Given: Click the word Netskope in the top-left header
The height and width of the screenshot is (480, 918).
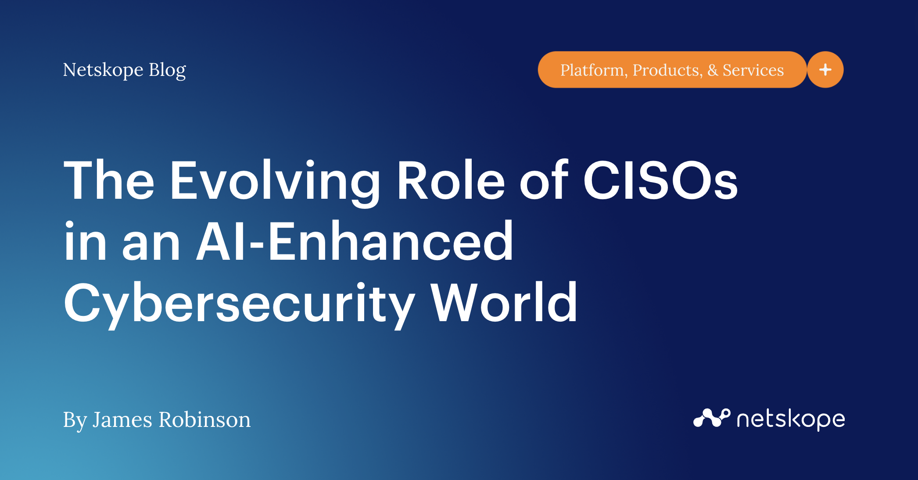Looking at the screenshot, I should point(103,70).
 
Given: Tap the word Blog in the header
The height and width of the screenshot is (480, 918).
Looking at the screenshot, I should point(167,70).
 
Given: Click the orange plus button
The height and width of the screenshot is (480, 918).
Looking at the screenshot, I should point(825,70).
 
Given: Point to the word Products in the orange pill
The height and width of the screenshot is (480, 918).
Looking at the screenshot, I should point(667,70).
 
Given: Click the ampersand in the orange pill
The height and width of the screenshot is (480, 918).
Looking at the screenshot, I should point(713,70).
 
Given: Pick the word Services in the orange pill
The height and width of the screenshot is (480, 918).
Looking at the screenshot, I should point(753,70).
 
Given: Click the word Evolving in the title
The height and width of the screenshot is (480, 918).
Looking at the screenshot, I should point(275,181).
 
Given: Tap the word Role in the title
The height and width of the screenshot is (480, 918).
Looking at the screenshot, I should point(451,181).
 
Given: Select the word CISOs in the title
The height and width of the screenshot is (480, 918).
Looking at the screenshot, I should point(660,181).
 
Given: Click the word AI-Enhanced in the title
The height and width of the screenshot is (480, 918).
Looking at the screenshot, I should point(355,241).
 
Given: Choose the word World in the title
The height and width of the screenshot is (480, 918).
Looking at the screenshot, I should point(504,303).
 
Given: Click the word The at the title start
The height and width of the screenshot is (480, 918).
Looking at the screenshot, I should point(109,181).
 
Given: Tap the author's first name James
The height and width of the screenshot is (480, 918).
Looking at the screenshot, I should point(122,419).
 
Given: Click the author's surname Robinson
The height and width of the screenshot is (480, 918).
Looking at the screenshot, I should point(204,419).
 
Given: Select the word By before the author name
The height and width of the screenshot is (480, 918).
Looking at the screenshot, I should point(74,420).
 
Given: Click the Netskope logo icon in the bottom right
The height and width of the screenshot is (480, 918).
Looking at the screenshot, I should point(711,418).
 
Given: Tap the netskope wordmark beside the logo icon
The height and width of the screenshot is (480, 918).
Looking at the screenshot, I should point(791,419).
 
